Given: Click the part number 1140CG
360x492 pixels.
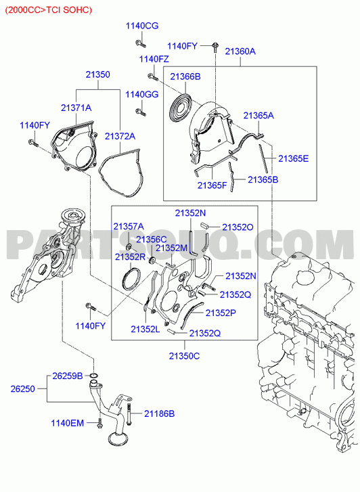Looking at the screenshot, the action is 142,26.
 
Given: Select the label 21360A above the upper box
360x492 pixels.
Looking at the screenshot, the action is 240,51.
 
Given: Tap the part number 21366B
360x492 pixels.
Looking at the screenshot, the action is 185,76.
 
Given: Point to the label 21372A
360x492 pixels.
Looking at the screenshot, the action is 120,136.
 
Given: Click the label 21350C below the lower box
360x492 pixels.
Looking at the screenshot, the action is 184,356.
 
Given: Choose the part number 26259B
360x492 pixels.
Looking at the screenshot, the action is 68,376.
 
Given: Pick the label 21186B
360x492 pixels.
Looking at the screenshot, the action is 159,414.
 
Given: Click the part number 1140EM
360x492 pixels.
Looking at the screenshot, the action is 68,423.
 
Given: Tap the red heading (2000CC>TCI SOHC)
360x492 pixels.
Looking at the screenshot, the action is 49,9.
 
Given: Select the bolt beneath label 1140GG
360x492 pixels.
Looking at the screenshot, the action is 141,112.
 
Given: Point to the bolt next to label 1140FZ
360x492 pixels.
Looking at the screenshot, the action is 152,76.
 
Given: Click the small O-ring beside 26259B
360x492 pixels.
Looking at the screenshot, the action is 93,376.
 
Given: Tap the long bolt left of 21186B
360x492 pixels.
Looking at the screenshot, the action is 129,414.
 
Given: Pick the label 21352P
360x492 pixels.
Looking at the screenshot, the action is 221,313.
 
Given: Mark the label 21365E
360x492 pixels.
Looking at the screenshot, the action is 294,158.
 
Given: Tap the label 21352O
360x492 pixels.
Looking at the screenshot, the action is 238,227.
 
